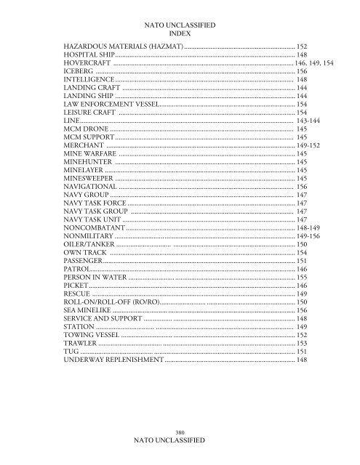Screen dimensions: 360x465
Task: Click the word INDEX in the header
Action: point(179,33)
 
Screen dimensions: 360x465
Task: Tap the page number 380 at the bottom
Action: point(179,432)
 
